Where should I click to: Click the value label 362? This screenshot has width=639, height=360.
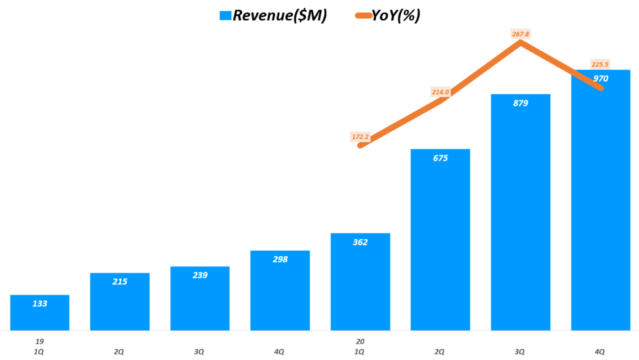[360, 242]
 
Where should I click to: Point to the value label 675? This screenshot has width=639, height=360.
[441, 158]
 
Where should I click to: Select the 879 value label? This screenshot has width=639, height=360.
[520, 103]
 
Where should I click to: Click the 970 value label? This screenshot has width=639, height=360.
[601, 79]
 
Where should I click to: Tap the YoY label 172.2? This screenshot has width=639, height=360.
[361, 137]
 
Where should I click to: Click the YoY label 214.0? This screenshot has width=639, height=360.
[441, 92]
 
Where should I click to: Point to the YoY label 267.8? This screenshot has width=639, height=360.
[520, 34]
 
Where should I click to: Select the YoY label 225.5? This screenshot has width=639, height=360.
[600, 64]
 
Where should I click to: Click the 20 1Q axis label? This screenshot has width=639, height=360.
[360, 347]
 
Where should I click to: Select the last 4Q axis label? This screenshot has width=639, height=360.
[600, 352]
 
